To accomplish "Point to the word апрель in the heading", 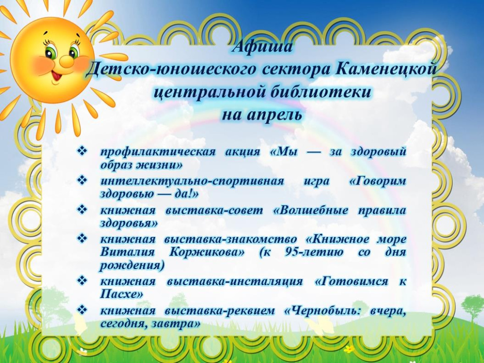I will point(277,115).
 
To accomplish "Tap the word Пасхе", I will point(121,294).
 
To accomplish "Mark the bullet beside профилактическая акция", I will point(81,152).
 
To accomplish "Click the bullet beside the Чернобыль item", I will point(81,311).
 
